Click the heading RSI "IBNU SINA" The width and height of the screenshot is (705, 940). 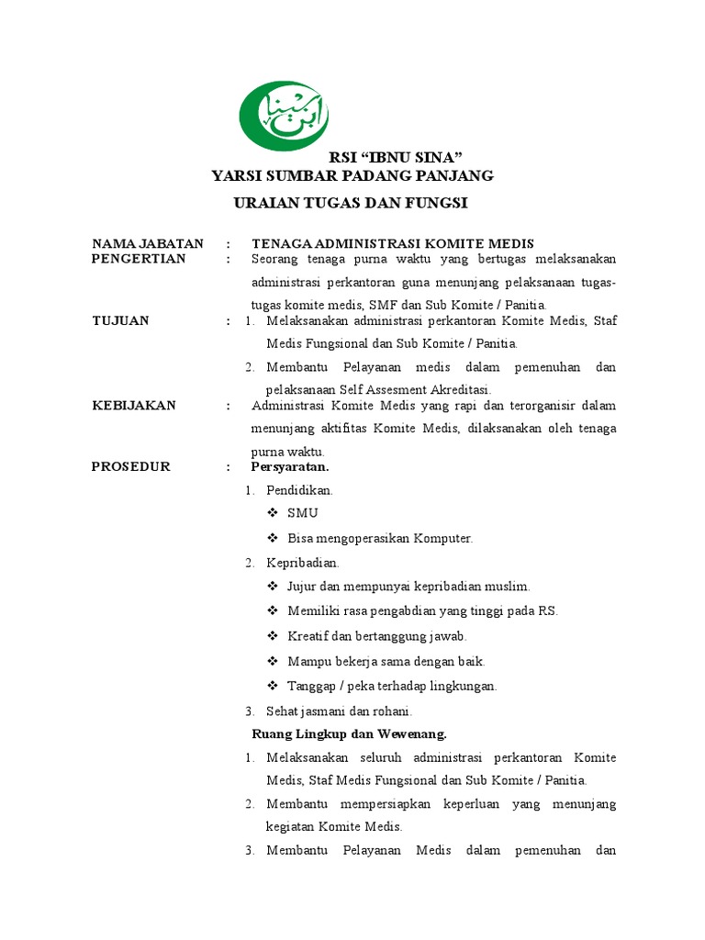click(x=396, y=157)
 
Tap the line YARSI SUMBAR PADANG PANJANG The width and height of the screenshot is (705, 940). click(x=352, y=175)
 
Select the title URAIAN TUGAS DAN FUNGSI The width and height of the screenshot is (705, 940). click(x=352, y=202)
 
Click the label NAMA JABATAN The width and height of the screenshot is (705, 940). click(x=148, y=243)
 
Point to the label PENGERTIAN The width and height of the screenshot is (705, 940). click(x=139, y=259)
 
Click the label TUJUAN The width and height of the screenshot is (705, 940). click(x=120, y=320)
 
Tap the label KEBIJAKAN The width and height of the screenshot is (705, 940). click(x=134, y=405)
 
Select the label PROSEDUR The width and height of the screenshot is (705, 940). click(x=131, y=466)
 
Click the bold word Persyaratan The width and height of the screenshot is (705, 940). click(x=290, y=466)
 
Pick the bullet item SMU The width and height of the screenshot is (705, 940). click(x=302, y=513)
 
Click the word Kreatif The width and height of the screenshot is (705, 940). click(x=308, y=636)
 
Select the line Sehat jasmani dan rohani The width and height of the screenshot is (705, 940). click(x=339, y=711)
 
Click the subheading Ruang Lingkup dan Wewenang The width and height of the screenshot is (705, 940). click(x=349, y=733)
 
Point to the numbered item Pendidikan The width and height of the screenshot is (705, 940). click(x=299, y=490)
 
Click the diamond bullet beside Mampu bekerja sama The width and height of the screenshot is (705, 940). click(x=273, y=661)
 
